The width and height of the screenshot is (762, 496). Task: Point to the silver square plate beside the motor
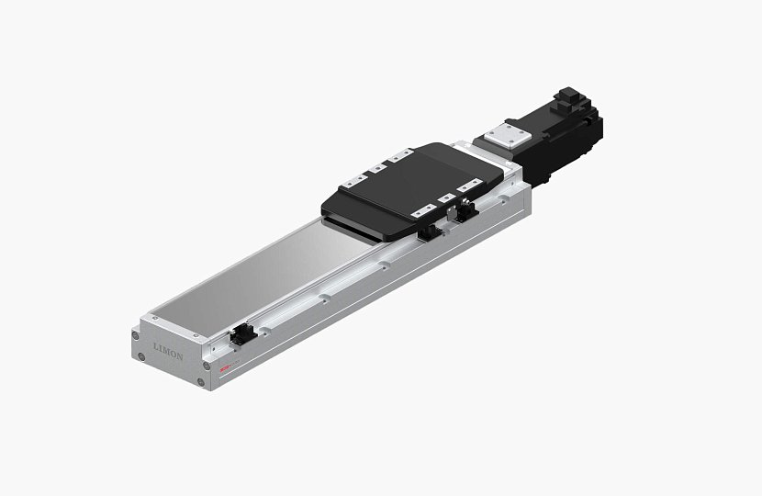503,135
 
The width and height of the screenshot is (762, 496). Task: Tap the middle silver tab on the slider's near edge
446,198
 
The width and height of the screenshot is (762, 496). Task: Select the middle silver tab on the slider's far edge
377,168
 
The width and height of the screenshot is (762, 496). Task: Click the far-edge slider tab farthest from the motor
356,180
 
